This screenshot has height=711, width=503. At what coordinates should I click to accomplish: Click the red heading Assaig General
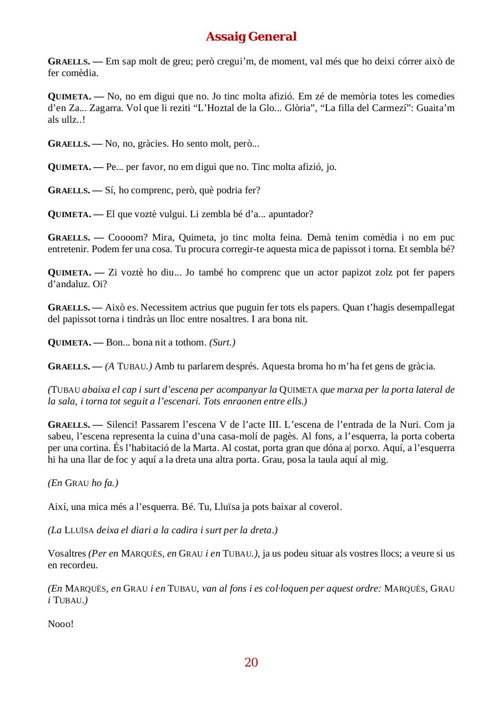point(251,37)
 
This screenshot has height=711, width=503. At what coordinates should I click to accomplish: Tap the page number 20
point(251,662)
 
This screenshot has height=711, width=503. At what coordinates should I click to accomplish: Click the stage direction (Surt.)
point(222,342)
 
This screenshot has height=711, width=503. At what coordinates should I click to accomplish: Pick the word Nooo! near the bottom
point(61,624)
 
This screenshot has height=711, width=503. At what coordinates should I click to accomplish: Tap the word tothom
point(188,342)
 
